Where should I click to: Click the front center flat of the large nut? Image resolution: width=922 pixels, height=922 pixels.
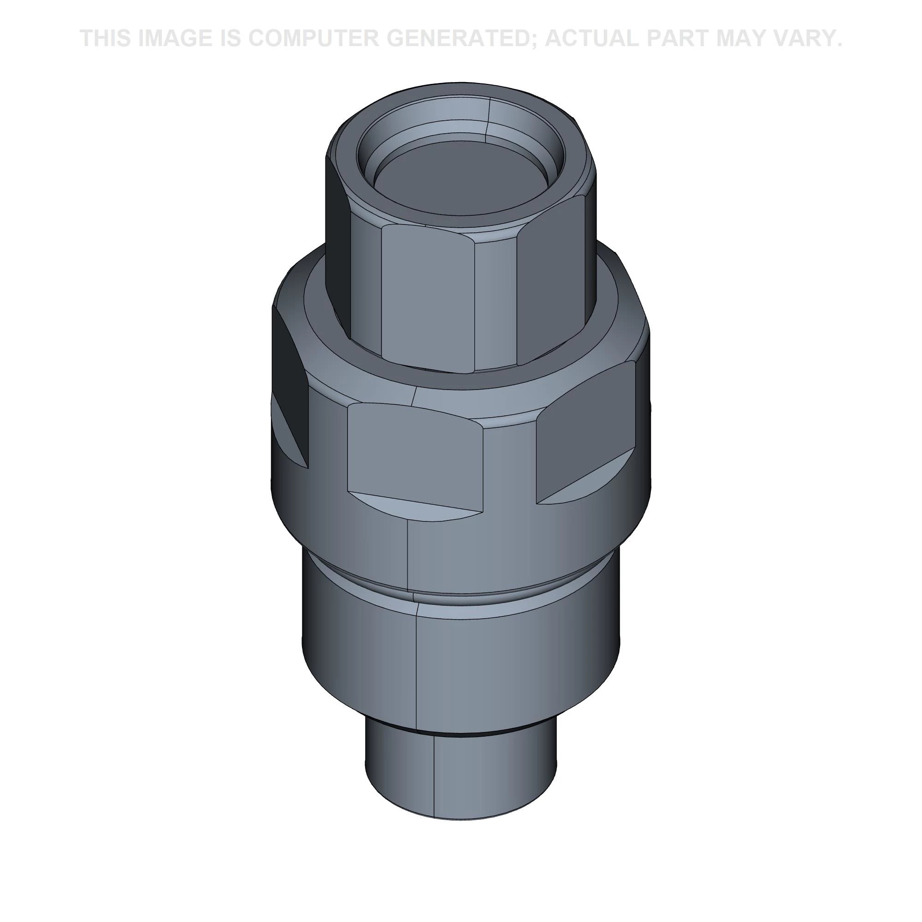tap(413, 453)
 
